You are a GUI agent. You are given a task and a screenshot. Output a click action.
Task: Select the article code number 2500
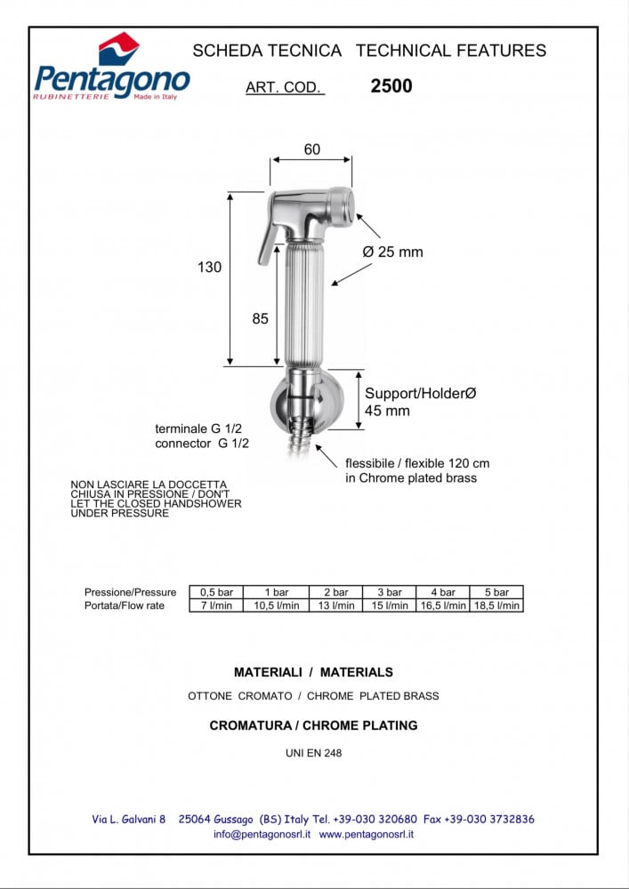point(391,87)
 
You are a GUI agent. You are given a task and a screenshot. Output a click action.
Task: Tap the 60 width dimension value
point(311,149)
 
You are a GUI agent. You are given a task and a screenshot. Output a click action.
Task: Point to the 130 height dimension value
point(209,267)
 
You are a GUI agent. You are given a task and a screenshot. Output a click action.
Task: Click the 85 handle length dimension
point(260,318)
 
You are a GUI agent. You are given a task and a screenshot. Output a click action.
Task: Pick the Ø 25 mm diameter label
point(392,252)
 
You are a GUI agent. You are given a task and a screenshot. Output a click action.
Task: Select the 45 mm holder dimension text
point(387,411)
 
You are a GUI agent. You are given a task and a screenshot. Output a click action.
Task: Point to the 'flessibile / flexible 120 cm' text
point(417,463)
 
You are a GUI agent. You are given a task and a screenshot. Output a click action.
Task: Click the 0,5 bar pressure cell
point(216,592)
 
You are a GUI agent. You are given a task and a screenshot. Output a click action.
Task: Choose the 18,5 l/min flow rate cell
point(496,605)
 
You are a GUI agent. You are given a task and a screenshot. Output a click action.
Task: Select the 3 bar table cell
point(389,592)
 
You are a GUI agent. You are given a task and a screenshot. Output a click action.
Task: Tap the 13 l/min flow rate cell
point(336,605)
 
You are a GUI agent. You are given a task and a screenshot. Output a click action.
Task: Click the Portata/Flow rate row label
point(125,605)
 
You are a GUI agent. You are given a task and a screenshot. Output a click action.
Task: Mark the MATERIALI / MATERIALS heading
point(313,672)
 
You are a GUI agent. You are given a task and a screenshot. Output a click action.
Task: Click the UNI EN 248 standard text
point(313,753)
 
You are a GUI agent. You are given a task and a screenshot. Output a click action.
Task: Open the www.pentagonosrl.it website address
point(366,835)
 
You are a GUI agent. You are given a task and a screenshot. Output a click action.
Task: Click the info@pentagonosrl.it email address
point(262,835)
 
